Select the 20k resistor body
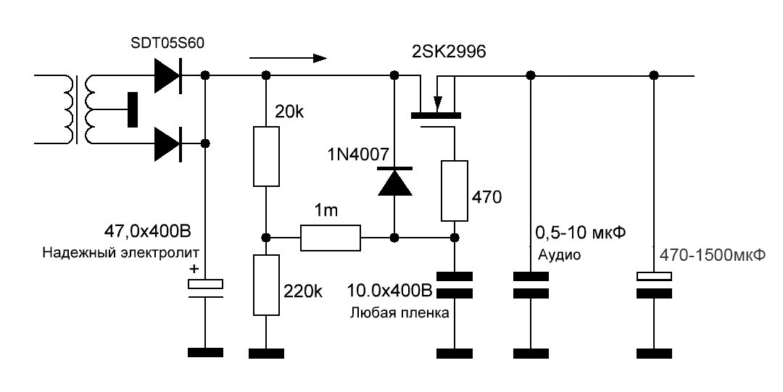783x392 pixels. coord(266,157)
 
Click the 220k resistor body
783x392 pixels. coord(266,285)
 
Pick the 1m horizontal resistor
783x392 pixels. coord(330,238)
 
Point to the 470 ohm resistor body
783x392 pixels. coord(455,191)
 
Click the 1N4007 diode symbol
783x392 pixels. coord(394,181)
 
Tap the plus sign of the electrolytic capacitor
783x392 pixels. coord(194,269)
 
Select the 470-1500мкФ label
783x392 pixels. coord(713,256)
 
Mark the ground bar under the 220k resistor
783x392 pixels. coord(266,353)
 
